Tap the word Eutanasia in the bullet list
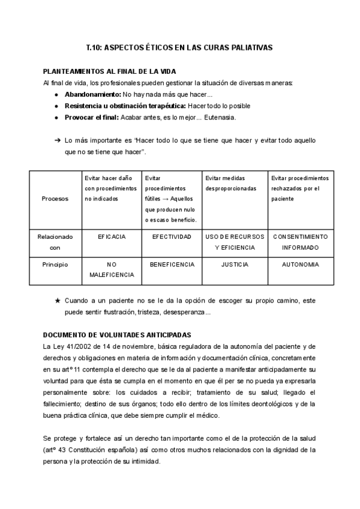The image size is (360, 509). coord(220,117)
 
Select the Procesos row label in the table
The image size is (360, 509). coord(55,199)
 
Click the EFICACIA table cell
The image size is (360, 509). coord(112,237)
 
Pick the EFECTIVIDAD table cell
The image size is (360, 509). coord(172,237)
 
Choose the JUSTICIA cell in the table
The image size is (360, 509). coord(235,264)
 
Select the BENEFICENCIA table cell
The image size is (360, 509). coord(172,264)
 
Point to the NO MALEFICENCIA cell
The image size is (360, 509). coord(112,269)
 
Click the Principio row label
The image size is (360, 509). coord(55,264)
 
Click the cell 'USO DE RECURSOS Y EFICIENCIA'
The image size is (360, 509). coord(235,242)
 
